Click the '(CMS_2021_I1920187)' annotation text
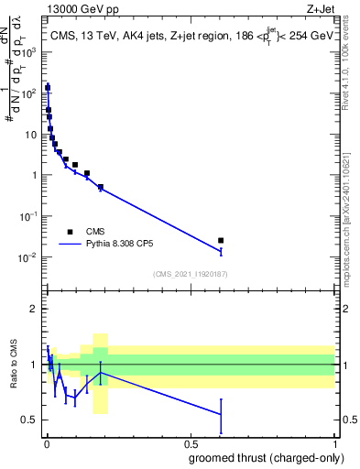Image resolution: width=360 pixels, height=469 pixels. tap(190, 273)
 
